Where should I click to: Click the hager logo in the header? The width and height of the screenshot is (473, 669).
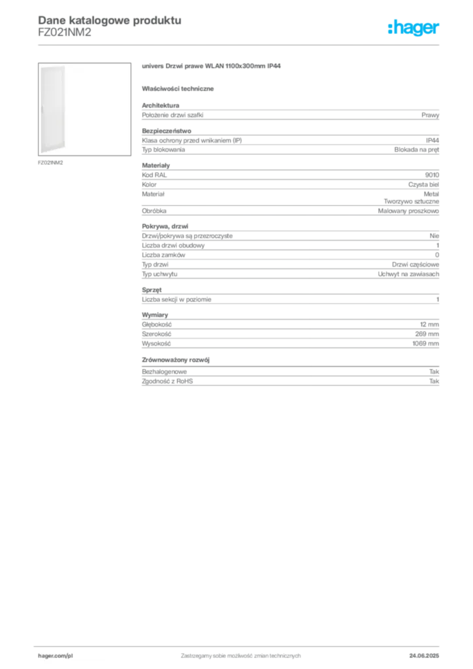414,27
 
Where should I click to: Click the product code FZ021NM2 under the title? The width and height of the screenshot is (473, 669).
65,33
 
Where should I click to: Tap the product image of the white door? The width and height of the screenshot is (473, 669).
84,109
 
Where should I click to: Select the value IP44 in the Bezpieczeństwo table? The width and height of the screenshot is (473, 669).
432,140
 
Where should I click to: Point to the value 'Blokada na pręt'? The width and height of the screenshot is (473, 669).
416,150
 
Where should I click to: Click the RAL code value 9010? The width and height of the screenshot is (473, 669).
432,175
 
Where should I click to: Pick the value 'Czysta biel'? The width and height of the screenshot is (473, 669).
423,185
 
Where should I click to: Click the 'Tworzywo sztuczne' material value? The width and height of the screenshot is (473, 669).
411,201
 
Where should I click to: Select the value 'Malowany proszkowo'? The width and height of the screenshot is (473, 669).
408,211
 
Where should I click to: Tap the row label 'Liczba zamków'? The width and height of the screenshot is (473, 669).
163,255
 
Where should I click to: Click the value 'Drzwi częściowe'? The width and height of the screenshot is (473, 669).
416,265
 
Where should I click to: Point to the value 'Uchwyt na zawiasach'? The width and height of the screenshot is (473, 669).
408,274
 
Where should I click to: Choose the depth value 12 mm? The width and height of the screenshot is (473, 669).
429,325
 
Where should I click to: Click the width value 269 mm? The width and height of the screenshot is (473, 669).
427,334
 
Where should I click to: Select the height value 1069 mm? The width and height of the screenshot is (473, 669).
425,344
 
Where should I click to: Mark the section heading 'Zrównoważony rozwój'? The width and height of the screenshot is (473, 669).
176,360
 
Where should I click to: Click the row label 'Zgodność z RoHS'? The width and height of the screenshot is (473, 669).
167,382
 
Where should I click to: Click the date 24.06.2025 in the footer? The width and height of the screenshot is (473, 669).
424,656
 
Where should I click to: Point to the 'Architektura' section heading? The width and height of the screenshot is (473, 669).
160,105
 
